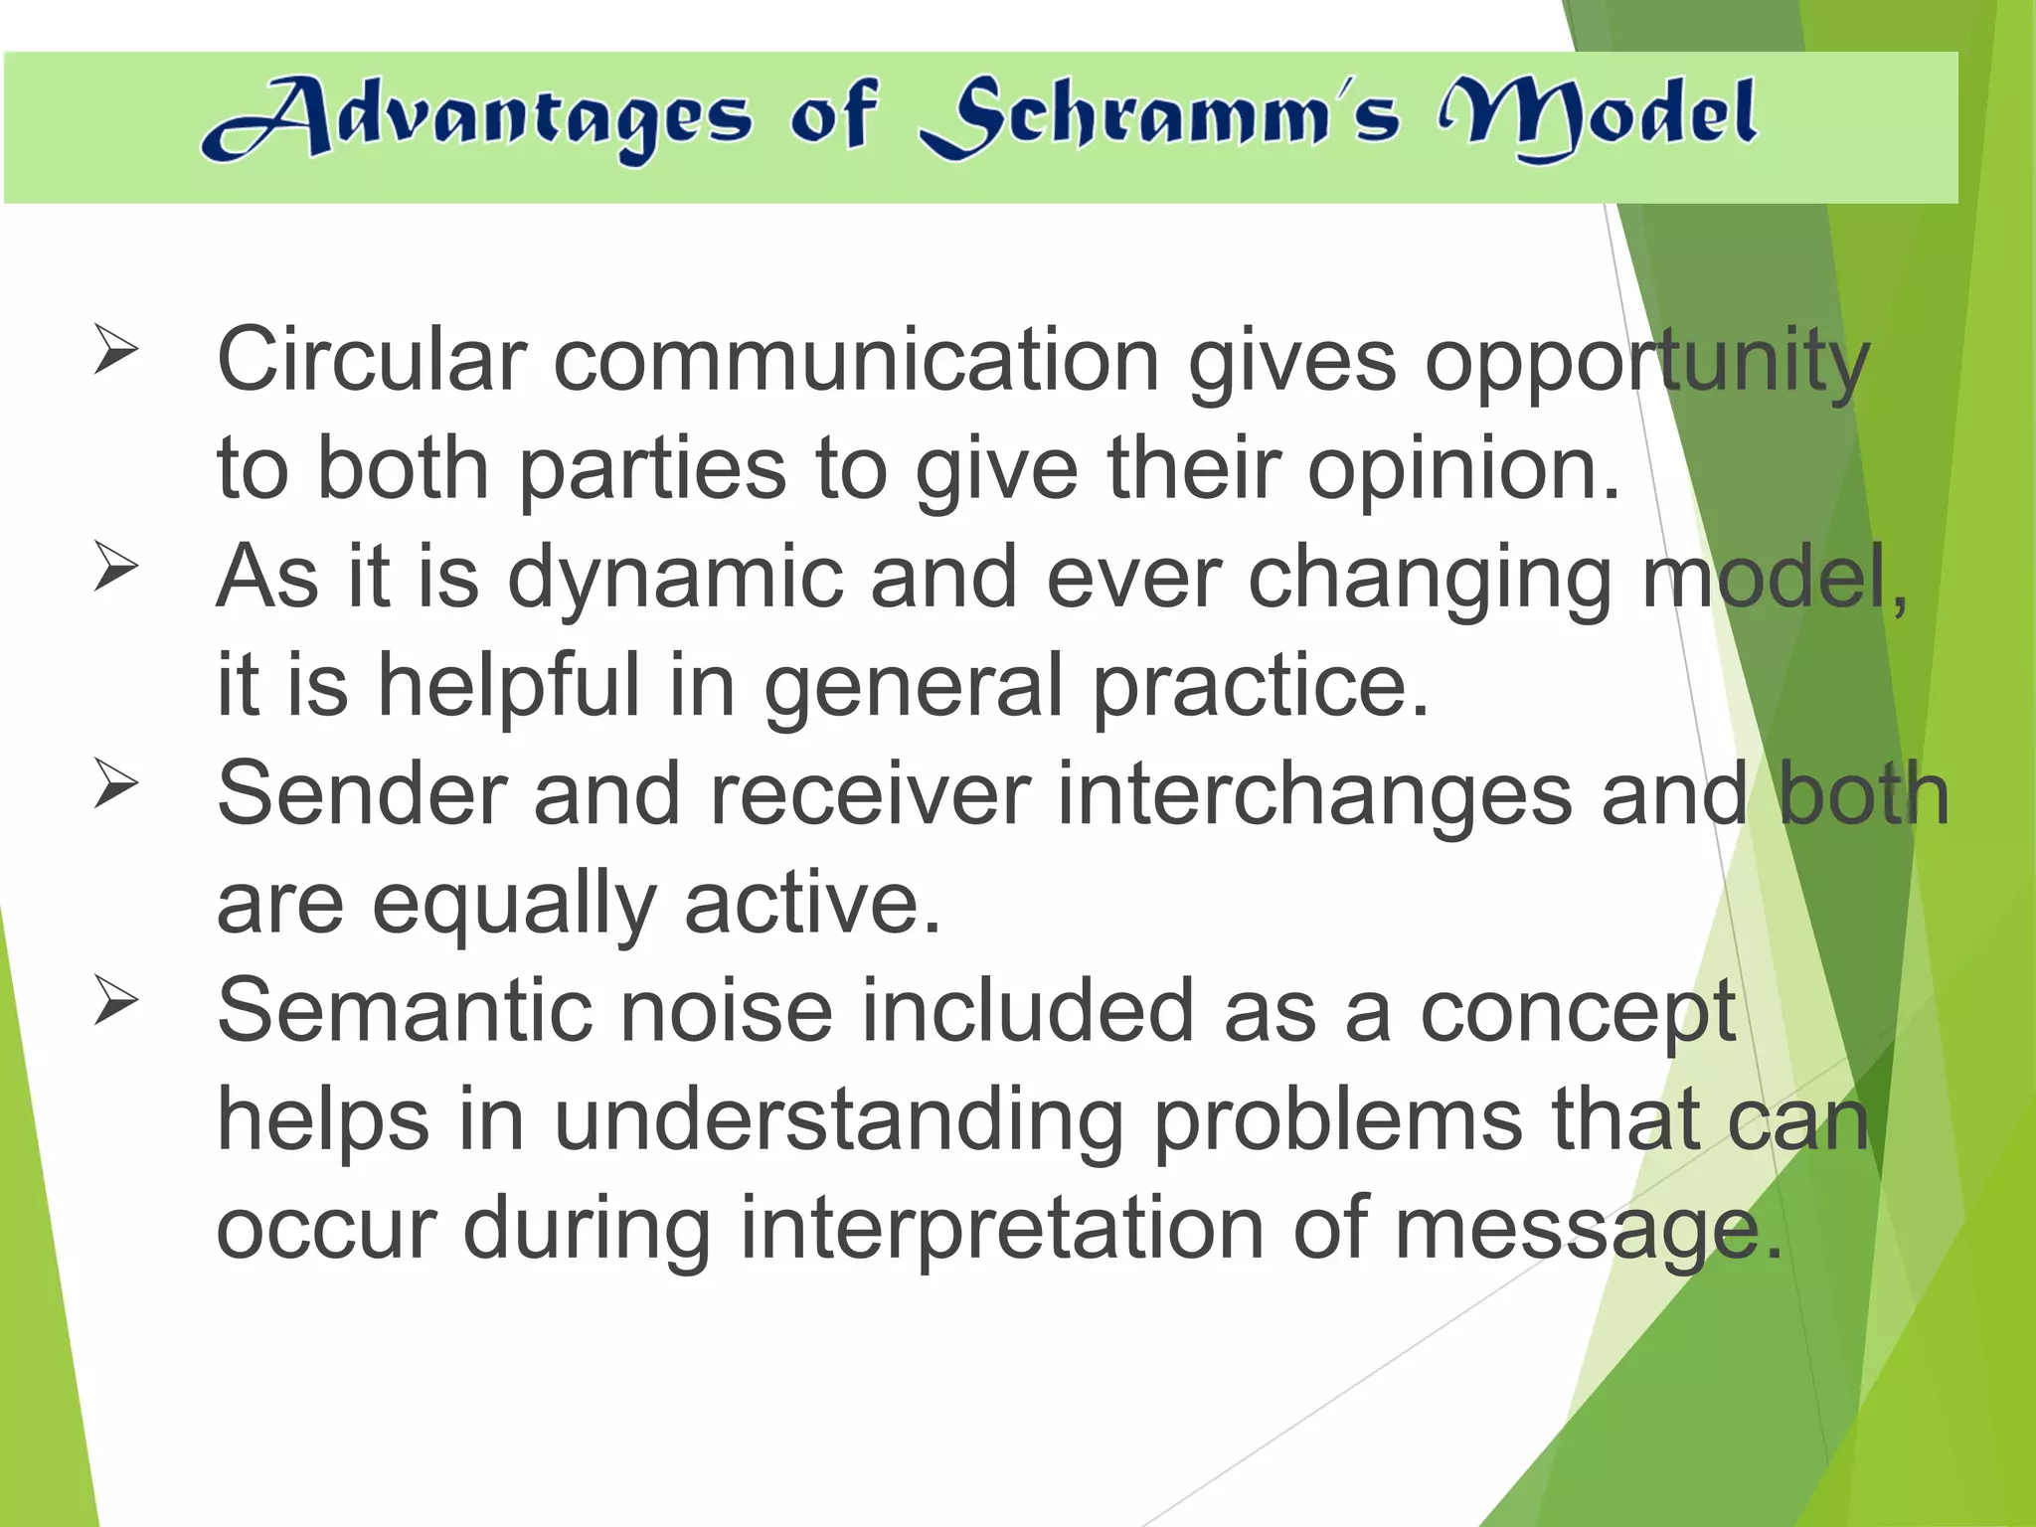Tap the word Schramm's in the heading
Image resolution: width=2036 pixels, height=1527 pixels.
1159,119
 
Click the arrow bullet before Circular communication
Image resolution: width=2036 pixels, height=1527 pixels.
115,350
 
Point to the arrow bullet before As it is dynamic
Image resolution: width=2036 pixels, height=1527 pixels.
115,567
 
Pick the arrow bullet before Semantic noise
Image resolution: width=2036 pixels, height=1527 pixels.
115,1001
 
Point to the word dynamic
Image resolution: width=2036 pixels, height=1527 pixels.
675,579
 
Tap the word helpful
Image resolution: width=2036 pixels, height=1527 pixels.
508,686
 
